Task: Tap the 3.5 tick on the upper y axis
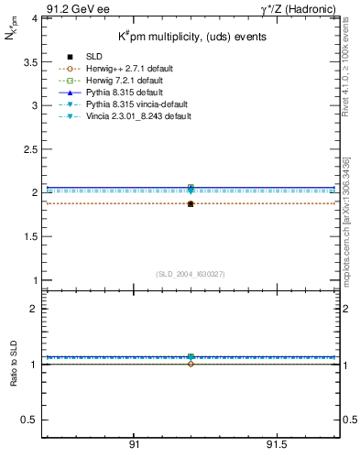point(28,61)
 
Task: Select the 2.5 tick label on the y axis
point(28,148)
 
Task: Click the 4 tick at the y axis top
point(33,18)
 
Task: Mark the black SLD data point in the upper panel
point(191,203)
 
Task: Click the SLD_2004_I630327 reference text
point(191,274)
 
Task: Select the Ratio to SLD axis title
point(14,376)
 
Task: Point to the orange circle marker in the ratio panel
point(191,364)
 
